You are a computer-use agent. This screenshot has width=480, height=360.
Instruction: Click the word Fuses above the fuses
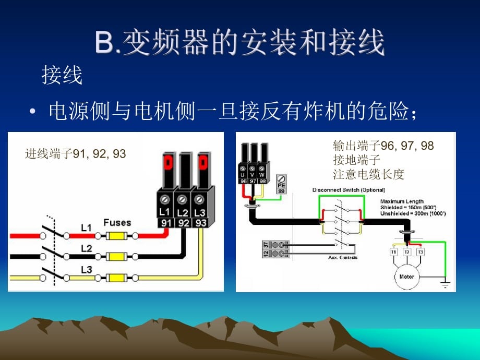tap(117, 223)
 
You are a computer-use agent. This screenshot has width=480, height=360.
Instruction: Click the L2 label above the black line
tap(86, 248)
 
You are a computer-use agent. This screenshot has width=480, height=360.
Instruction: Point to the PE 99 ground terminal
tap(282, 184)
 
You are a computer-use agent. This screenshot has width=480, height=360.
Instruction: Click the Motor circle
tap(407, 277)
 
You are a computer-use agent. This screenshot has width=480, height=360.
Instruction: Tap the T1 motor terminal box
tap(394, 252)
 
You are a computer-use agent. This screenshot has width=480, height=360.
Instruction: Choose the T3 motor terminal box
tap(420, 252)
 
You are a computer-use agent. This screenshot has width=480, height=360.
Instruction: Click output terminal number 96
tap(244, 181)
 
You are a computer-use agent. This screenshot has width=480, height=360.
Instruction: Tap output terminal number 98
tap(262, 181)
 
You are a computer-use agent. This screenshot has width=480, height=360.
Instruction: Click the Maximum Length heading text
tap(402, 201)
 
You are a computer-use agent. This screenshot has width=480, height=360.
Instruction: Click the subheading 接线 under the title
tap(62, 76)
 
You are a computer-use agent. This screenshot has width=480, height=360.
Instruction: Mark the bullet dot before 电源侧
tap(33, 112)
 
